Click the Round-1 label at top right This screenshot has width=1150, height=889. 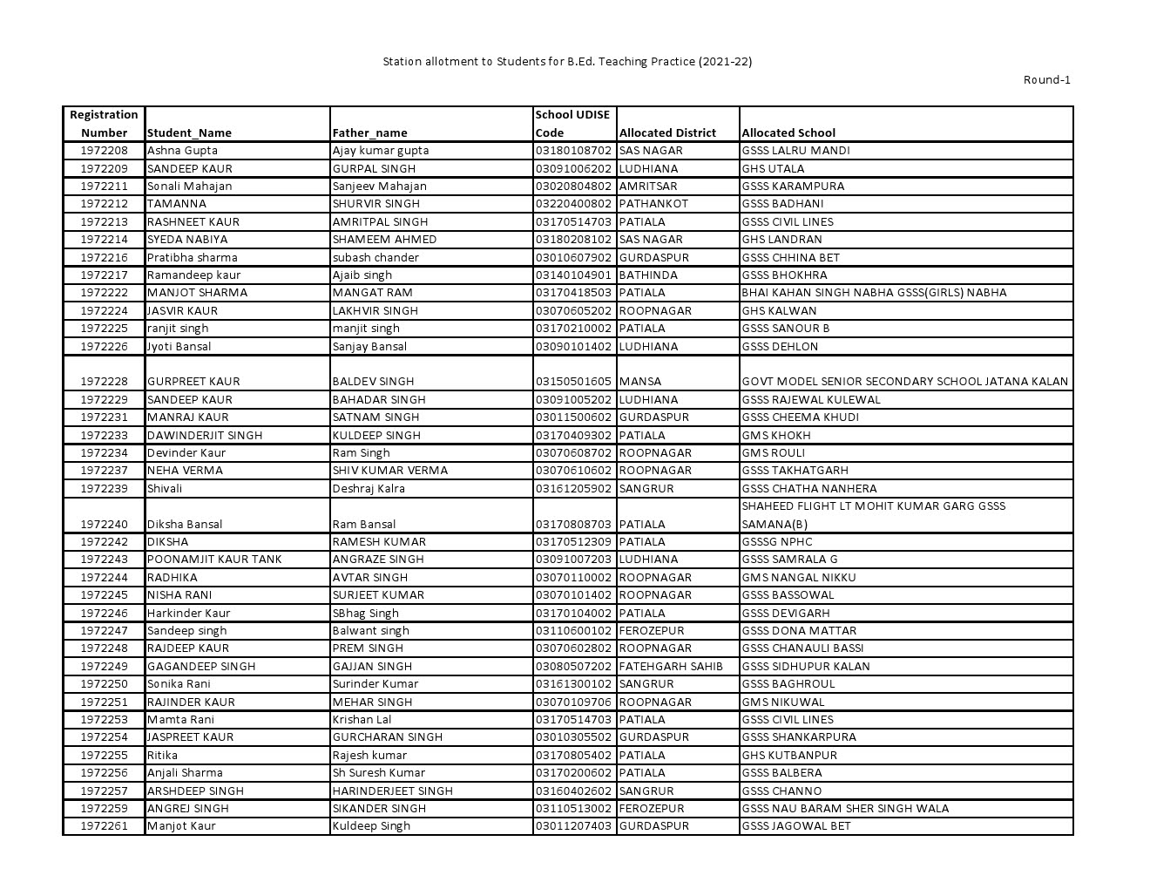[x=1046, y=80]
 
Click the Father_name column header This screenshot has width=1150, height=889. [x=369, y=133]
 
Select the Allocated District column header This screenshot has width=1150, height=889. [x=667, y=133]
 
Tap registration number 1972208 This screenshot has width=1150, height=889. [x=104, y=151]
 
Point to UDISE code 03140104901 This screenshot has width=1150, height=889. [x=573, y=275]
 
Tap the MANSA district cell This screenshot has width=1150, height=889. [x=640, y=382]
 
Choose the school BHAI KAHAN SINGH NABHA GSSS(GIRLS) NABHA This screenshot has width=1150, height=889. [x=874, y=293]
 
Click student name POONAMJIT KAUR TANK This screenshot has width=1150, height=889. [x=214, y=560]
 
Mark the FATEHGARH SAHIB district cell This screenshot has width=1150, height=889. [x=671, y=667]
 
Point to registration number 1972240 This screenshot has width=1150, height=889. [x=104, y=525]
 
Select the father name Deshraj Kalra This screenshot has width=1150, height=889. [x=369, y=489]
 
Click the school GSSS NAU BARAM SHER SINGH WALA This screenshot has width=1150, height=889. [x=845, y=809]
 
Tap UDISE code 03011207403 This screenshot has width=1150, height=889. [x=573, y=826]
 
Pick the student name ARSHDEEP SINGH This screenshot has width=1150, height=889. [x=195, y=791]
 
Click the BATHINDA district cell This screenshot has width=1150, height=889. [x=648, y=275]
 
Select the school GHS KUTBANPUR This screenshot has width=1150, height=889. [x=789, y=756]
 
